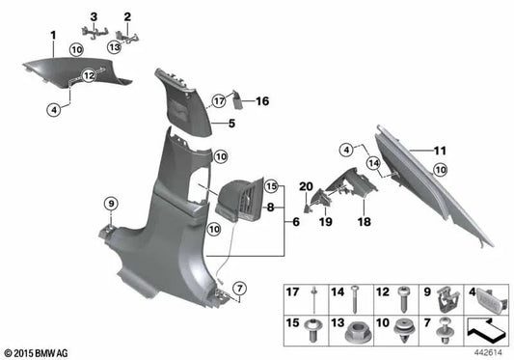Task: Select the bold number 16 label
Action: (261, 99)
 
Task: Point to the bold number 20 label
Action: (308, 186)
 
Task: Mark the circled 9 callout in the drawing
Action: (111, 204)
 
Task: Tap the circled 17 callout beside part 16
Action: (219, 98)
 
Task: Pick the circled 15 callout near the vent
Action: (271, 186)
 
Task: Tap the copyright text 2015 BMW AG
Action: (39, 353)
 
